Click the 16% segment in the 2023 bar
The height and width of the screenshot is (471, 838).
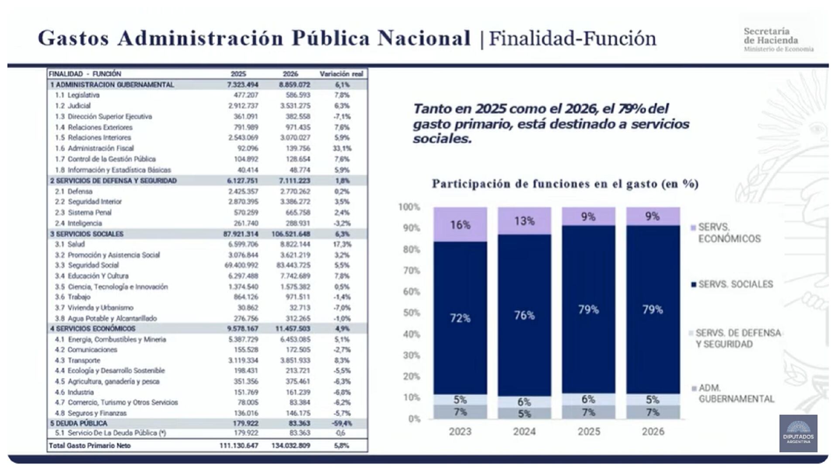[460, 225]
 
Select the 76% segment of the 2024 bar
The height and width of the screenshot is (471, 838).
[524, 315]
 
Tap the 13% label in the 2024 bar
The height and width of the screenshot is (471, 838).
[524, 221]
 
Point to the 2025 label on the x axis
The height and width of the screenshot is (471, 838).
[589, 432]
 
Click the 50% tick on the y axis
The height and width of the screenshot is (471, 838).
[411, 313]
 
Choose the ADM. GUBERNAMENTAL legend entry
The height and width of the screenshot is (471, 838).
[736, 393]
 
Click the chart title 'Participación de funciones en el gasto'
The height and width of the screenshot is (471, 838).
[565, 184]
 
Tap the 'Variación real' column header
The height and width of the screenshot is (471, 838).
[341, 74]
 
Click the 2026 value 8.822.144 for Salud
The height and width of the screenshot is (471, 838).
[295, 244]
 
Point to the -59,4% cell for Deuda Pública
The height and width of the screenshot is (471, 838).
[342, 423]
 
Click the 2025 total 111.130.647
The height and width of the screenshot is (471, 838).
[239, 446]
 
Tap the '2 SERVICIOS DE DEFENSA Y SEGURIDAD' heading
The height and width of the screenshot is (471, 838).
[113, 181]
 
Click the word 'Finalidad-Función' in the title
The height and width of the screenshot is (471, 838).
[572, 38]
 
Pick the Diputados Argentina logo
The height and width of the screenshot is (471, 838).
[798, 433]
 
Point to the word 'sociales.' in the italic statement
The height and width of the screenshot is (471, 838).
[442, 139]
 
